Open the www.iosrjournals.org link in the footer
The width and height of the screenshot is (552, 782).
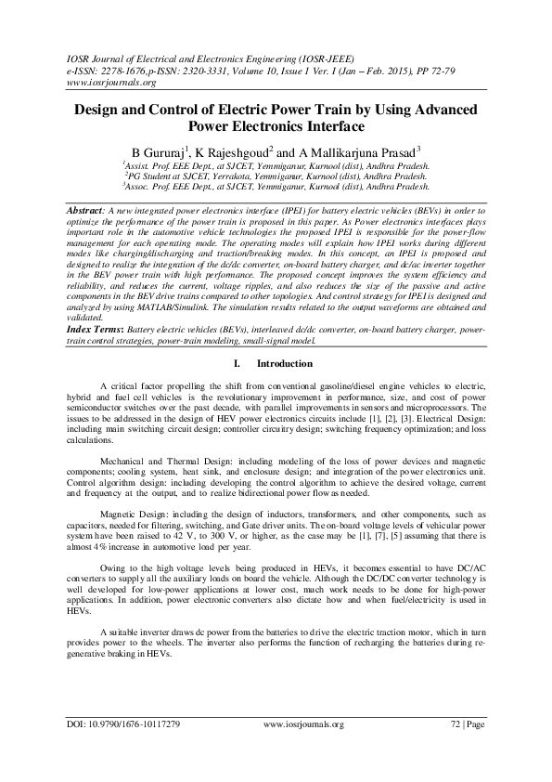306,723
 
